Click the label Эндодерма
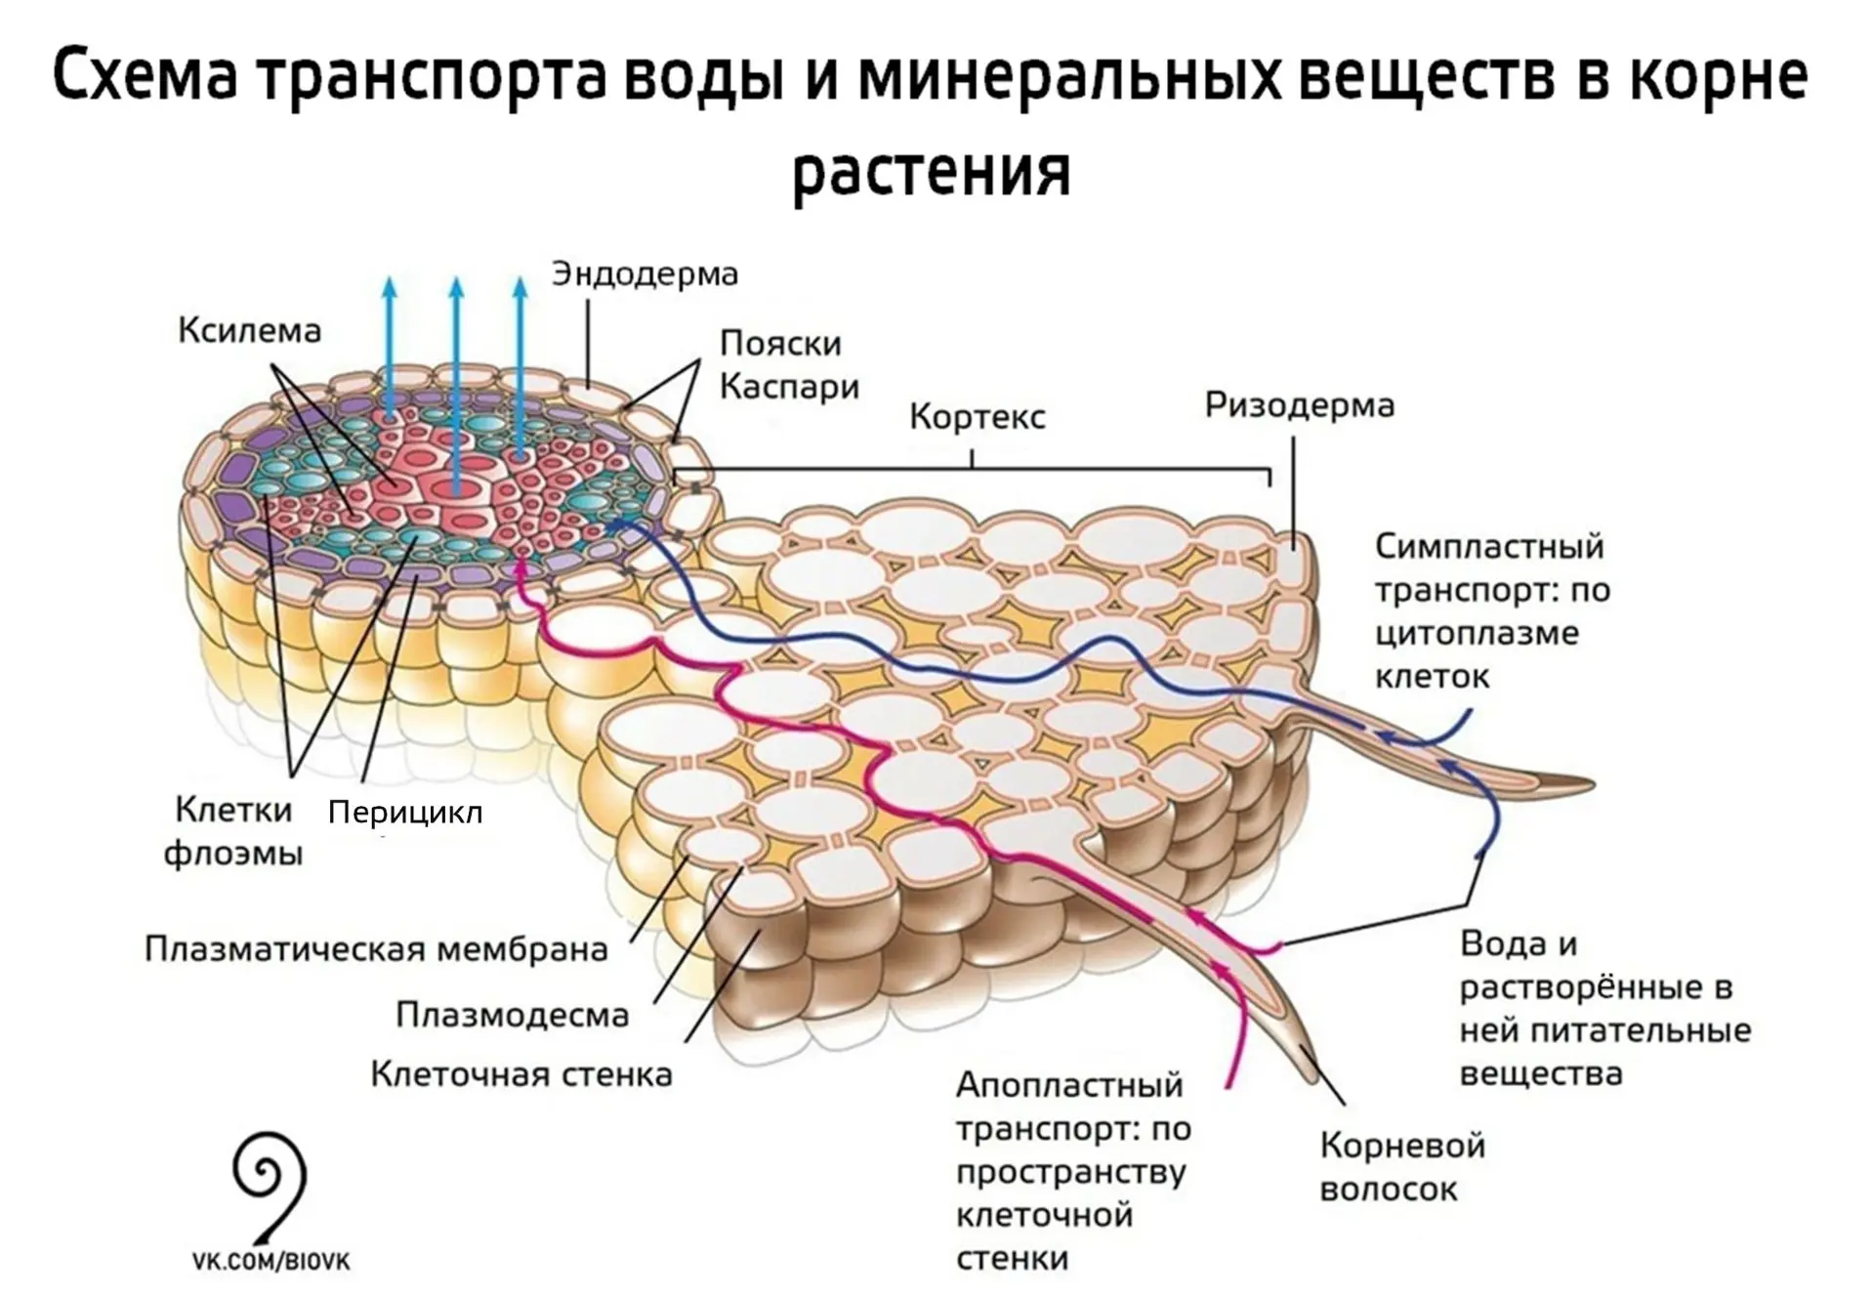[645, 274]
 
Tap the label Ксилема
[249, 331]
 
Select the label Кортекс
[977, 417]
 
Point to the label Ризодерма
[1299, 405]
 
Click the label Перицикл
[405, 813]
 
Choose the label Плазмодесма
[513, 1016]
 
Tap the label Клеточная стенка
[521, 1074]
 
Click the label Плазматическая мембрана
[376, 949]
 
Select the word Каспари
[789, 388]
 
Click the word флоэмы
[232, 855]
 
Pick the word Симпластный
[1489, 547]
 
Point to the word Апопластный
[1069, 1085]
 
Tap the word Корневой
[1402, 1146]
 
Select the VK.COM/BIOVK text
[271, 1262]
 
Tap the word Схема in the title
[145, 77]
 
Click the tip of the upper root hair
[1593, 784]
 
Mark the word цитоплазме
[1477, 634]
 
